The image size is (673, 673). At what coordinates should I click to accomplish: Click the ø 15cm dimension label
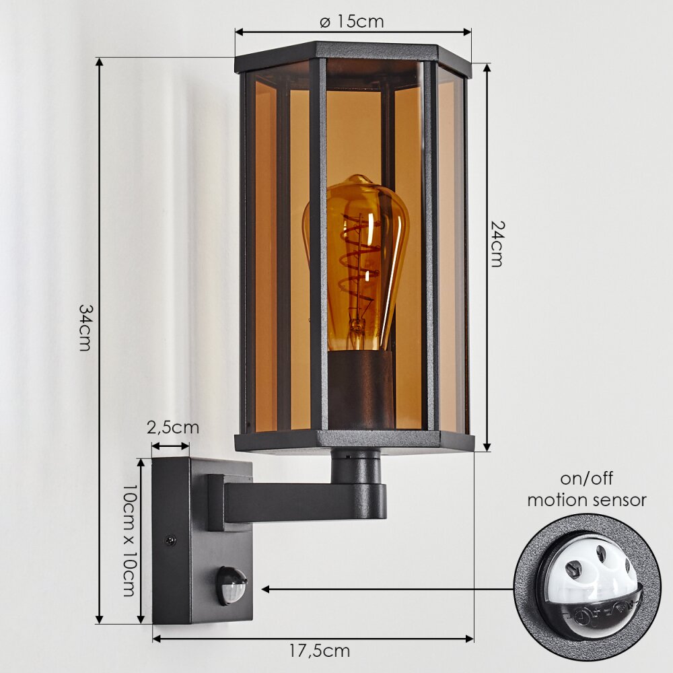coord(351,22)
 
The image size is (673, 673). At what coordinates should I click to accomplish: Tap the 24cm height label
coord(496,243)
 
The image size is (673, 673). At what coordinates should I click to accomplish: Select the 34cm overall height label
coord(85,327)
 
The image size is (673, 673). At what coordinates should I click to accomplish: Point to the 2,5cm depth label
coord(173,427)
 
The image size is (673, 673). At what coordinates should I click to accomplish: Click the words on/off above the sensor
coord(586,479)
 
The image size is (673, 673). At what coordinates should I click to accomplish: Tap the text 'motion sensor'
coord(586,500)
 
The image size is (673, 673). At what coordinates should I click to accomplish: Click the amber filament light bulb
coord(357,262)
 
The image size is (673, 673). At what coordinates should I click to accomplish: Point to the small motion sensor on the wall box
coord(231,584)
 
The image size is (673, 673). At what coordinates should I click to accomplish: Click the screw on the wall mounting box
coord(171,539)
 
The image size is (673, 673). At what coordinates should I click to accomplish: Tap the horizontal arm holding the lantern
coord(303,501)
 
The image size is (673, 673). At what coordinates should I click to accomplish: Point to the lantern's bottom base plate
coord(354,441)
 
